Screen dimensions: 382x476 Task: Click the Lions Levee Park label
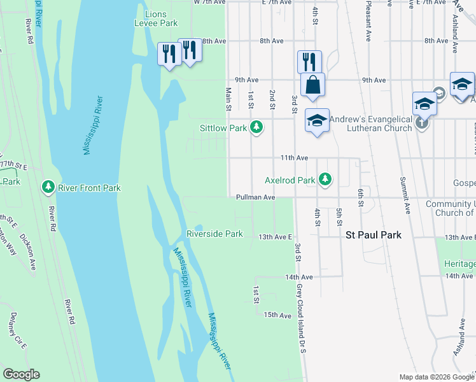(156, 18)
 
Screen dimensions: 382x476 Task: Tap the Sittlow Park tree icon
(256, 128)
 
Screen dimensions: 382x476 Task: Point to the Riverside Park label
(214, 234)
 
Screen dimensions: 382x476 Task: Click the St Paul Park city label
(374, 235)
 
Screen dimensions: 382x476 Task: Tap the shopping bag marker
(313, 85)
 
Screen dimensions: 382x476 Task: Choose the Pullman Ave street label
(255, 197)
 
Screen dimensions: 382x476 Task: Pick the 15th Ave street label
(277, 315)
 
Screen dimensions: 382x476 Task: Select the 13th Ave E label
(275, 237)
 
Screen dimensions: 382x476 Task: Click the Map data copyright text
(436, 377)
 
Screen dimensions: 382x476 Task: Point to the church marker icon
(423, 122)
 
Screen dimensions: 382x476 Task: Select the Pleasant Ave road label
(368, 20)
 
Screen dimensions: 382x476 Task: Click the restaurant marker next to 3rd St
(309, 62)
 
